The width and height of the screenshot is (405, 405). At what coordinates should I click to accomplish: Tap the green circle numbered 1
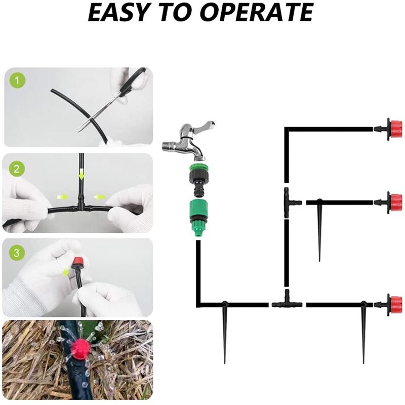click(x=17, y=81)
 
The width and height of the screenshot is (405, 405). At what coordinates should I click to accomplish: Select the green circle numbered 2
click(x=17, y=169)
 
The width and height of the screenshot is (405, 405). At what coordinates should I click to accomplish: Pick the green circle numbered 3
click(x=17, y=253)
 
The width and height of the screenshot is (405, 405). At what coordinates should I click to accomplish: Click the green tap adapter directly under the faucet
click(x=198, y=178)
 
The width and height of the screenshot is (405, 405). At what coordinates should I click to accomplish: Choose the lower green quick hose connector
click(x=198, y=218)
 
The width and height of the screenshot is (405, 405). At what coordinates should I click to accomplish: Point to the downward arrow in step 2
click(x=82, y=174)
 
